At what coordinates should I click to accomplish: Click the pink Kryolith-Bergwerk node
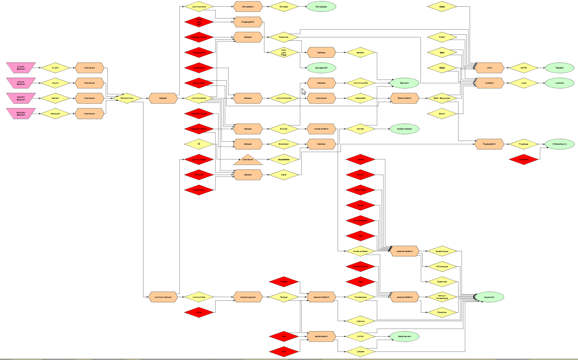[21, 68]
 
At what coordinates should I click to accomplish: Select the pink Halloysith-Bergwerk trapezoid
[21, 114]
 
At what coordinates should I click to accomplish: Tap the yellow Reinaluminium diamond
[127, 98]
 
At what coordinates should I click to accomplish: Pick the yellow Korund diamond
[55, 83]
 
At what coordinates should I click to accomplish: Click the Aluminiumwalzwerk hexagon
[163, 297]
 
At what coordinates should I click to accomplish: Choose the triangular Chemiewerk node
[248, 160]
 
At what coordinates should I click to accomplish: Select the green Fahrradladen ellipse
[321, 7]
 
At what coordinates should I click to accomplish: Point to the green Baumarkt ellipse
[405, 83]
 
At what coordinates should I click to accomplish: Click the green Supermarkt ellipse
[489, 297]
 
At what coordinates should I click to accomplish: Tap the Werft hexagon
[489, 68]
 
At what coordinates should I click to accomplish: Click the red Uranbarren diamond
[523, 159]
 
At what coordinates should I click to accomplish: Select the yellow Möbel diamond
[442, 7]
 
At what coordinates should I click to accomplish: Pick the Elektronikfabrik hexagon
[405, 98]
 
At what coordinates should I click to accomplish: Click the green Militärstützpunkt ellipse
[559, 144]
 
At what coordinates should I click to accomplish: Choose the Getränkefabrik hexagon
[321, 336]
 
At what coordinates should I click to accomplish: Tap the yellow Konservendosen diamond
[360, 251]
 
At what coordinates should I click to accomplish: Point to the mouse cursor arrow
[304, 91]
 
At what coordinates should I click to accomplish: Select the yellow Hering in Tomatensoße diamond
[442, 297]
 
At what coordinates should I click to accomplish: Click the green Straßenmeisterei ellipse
[405, 129]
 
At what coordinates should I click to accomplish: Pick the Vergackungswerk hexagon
[248, 297]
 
